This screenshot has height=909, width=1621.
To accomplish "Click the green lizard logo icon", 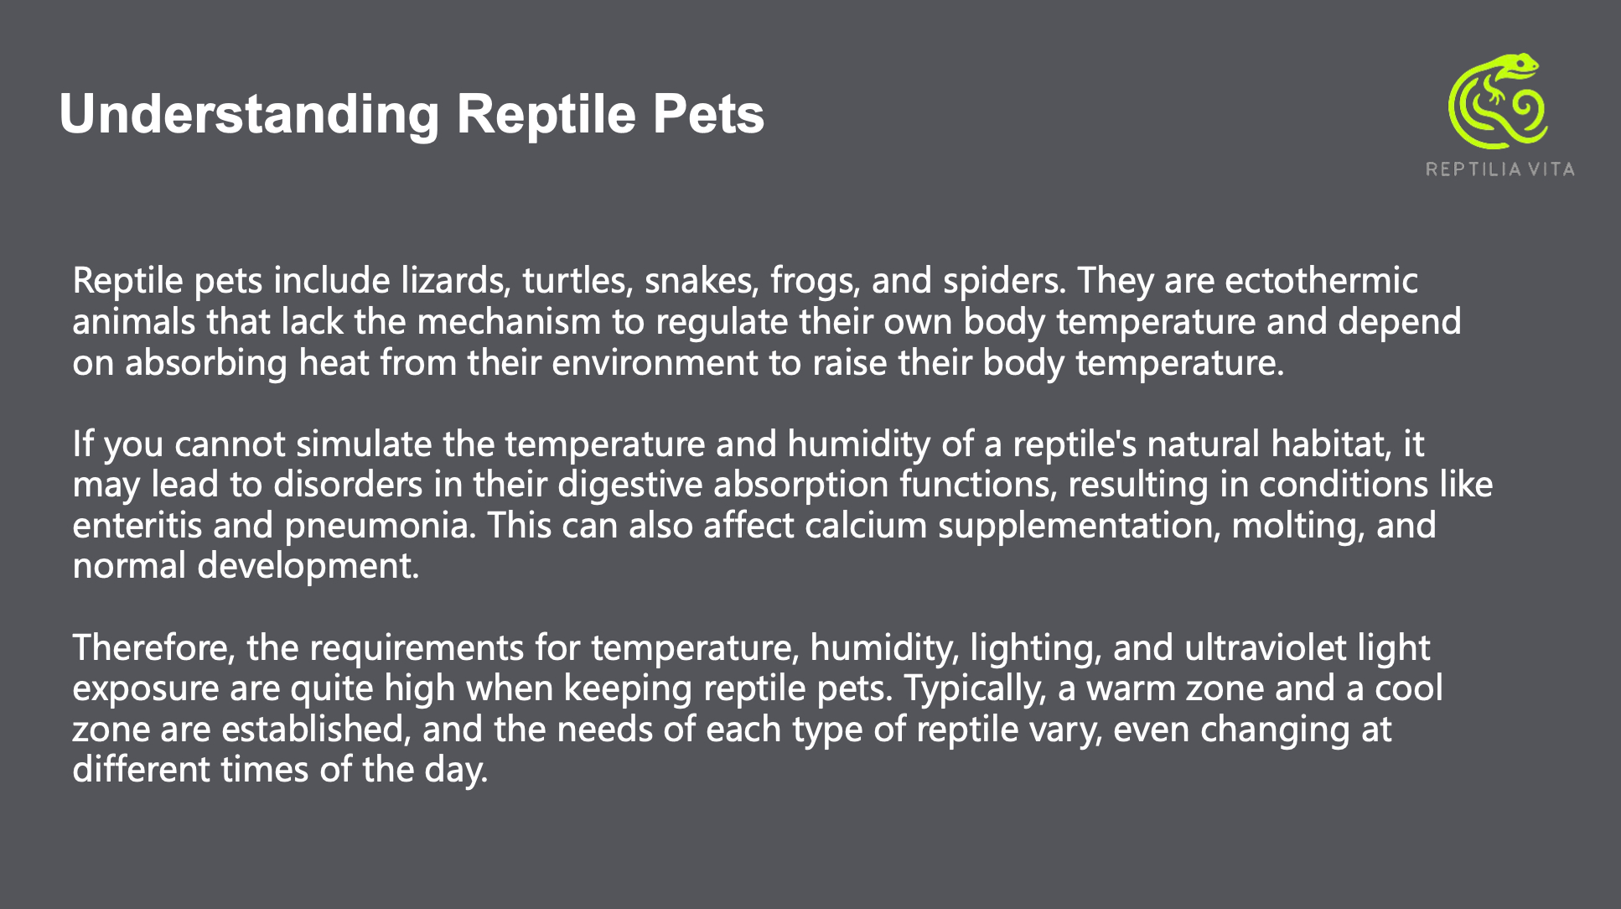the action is tap(1499, 101).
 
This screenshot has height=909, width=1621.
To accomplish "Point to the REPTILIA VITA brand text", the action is tap(1500, 169).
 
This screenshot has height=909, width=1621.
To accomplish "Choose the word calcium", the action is tap(866, 526).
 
